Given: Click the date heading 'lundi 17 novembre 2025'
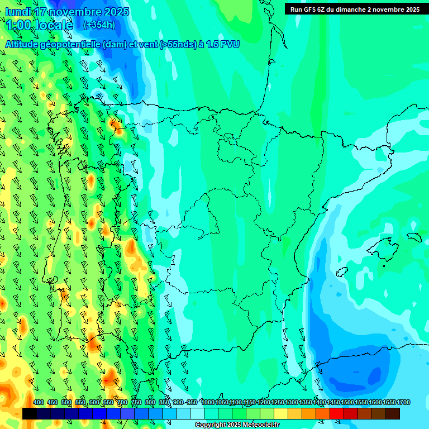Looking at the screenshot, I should pos(67,12).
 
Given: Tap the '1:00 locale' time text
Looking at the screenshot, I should pos(39,25).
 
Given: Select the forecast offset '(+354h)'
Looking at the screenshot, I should pos(99,25).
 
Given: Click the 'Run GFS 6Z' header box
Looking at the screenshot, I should pos(355,9).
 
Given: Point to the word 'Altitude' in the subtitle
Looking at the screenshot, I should pos(22,45).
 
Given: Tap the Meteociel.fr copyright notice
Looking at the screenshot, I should pos(237,425).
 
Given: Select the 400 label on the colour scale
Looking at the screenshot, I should pos(39,403).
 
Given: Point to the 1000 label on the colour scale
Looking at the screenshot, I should pos(208,403).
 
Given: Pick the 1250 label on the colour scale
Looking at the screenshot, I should pos(278,403).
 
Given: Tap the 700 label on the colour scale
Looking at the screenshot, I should pos(122,403).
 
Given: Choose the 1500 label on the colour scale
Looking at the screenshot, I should pos(347,403).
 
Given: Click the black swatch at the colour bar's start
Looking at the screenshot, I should pos(30,413).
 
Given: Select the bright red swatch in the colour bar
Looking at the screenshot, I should pos(337,413).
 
